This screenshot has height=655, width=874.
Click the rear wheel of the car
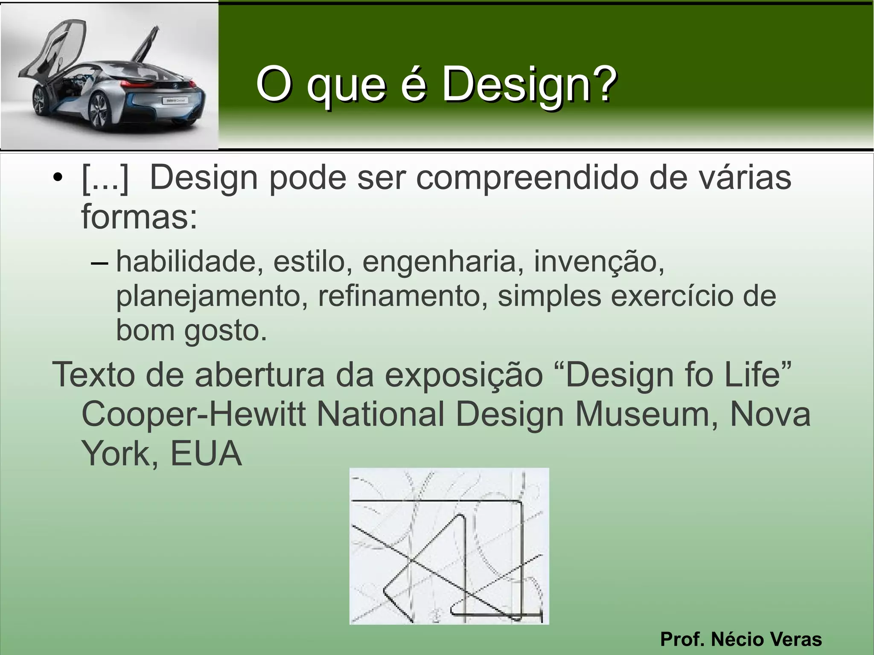tap(99, 112)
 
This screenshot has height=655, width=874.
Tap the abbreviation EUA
tap(206, 454)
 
